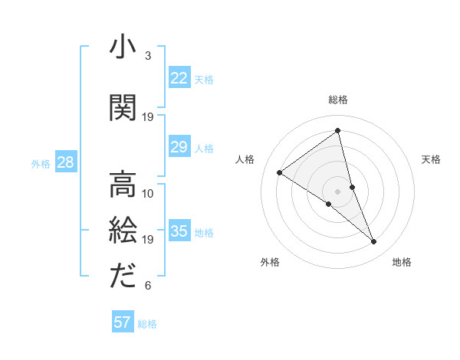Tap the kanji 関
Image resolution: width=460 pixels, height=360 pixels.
click(x=123, y=109)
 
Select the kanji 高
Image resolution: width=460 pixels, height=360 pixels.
click(x=123, y=184)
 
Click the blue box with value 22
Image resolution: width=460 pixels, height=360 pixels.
click(x=179, y=78)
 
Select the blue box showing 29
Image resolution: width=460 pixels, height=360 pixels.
click(x=179, y=147)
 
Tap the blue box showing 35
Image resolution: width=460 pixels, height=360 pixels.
click(x=179, y=232)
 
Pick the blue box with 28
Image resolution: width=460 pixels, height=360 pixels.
click(x=64, y=162)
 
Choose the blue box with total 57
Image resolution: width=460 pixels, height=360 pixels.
click(x=123, y=322)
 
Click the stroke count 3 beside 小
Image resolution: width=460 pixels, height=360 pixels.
click(x=147, y=56)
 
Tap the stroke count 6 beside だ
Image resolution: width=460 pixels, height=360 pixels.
click(x=147, y=286)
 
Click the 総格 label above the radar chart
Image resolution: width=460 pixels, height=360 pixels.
click(x=338, y=100)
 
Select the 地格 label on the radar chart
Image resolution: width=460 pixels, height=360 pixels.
click(x=402, y=263)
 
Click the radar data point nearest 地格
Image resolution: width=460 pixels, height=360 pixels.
click(x=373, y=242)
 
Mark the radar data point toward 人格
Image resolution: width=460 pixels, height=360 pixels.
click(x=280, y=172)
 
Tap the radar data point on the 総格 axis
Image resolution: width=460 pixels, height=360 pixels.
click(x=337, y=131)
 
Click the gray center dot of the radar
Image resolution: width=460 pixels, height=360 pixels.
click(x=337, y=191)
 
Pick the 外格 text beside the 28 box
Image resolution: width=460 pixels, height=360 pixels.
click(x=40, y=163)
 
